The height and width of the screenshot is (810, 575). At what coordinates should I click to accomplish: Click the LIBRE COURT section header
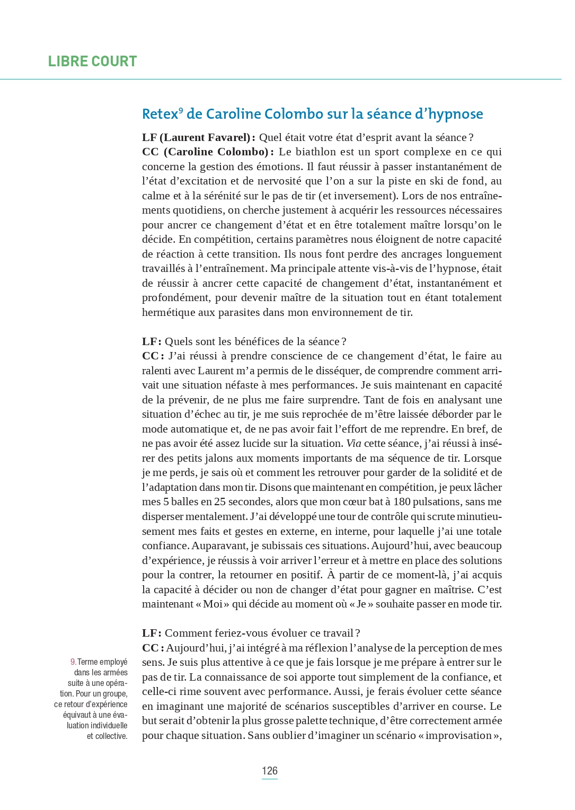point(92,61)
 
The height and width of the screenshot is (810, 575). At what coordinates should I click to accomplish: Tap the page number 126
point(269,771)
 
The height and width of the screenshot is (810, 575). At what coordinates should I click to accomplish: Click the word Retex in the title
point(160,114)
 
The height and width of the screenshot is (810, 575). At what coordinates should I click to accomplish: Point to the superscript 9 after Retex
point(181,110)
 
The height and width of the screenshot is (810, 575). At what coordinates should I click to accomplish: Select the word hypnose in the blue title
point(455,114)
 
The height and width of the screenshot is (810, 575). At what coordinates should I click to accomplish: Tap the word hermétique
point(169,312)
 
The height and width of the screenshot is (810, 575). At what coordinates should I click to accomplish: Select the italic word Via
point(353,443)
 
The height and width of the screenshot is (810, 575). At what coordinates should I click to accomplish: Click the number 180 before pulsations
point(403,501)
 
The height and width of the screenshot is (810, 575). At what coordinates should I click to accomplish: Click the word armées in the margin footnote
point(116,672)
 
